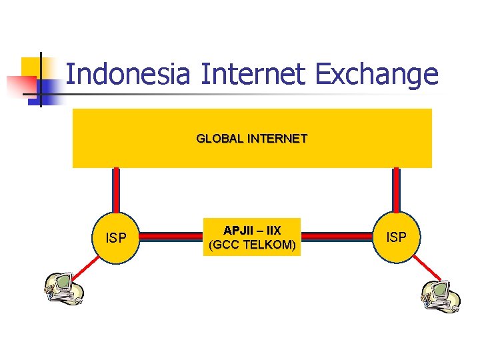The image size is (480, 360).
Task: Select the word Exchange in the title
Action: [377, 74]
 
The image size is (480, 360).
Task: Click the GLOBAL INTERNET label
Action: [251, 139]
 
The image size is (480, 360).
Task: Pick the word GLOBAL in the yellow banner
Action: [219, 139]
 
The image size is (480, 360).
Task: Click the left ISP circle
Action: [117, 237]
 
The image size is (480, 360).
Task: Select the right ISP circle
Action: [397, 237]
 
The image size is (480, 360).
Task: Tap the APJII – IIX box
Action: [252, 237]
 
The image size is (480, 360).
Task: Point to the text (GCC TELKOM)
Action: [252, 245]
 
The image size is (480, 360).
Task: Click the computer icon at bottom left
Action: [63, 290]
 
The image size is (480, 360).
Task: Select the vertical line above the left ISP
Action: [116, 190]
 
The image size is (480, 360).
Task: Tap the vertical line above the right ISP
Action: [397, 190]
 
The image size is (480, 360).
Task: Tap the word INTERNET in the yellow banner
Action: [277, 139]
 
